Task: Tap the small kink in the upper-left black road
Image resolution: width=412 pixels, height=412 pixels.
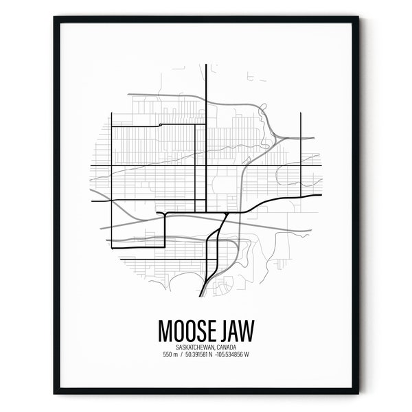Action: (x=159, y=124)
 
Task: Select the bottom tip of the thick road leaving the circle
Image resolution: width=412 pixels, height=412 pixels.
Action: (x=200, y=296)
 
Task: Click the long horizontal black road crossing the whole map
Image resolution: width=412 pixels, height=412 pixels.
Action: (x=206, y=166)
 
